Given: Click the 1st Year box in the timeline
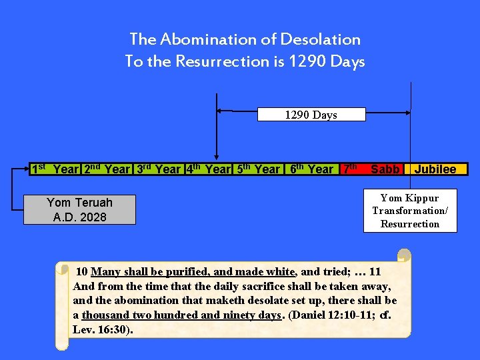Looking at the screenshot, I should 55,169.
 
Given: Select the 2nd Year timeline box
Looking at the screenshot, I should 107,169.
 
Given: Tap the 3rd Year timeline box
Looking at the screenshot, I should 159,169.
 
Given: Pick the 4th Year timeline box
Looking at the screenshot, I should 209,169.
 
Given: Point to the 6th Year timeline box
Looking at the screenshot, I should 311,169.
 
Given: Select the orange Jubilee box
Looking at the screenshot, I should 435,169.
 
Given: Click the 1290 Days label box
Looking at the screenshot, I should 311,115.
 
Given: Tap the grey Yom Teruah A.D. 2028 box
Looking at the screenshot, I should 80,209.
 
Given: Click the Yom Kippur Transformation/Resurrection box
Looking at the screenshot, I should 410,211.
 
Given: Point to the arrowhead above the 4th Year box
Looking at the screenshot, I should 215,155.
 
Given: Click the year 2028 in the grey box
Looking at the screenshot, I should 94,217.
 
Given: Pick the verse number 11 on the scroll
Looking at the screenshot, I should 375,271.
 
